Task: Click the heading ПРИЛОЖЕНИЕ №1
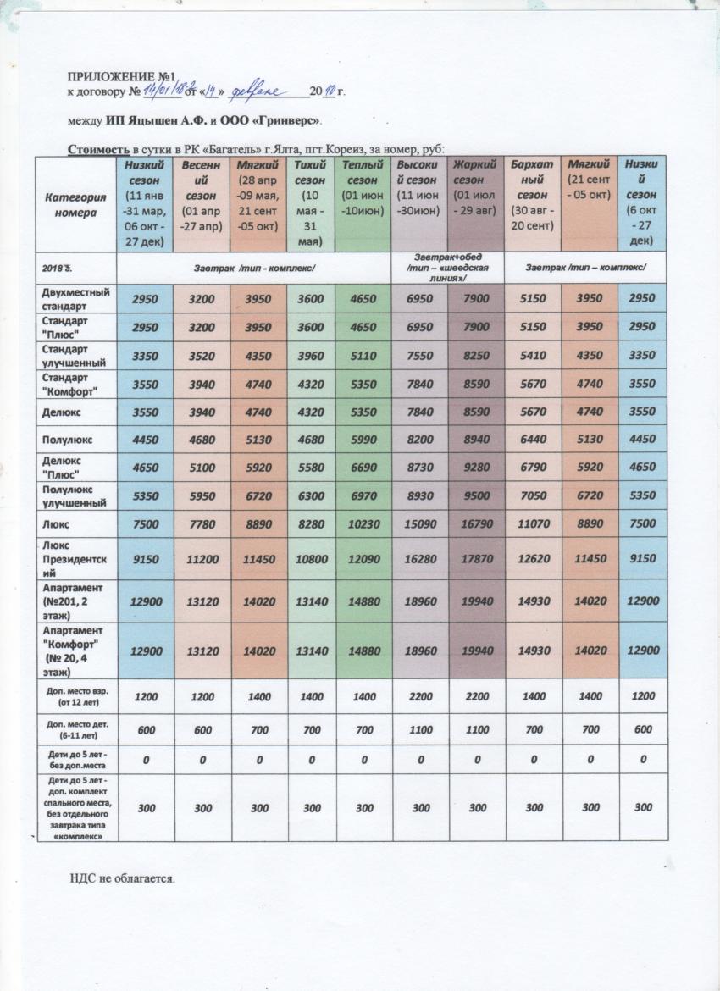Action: pos(119,78)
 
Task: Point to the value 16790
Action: pos(474,524)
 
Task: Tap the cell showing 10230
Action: pos(364,524)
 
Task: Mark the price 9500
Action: pos(474,495)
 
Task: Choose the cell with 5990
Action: pos(364,439)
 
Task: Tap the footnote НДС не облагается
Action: pos(121,878)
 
